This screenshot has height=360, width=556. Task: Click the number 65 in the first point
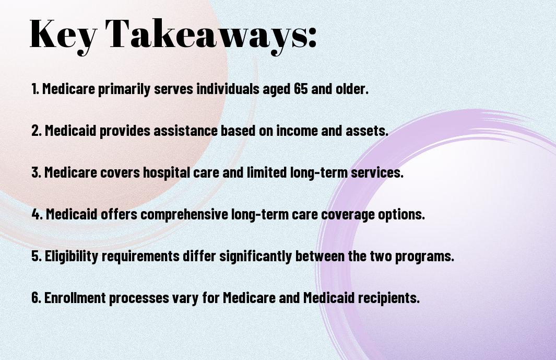point(301,89)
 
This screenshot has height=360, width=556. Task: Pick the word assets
point(369,131)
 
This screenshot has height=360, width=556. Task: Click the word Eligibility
point(69,257)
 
